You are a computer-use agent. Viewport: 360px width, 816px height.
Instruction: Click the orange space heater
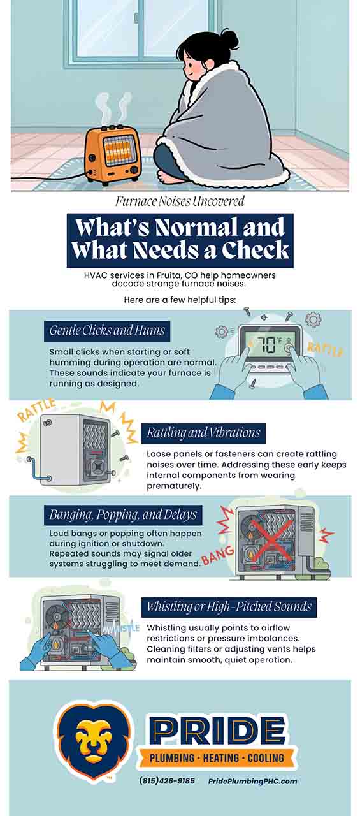112,153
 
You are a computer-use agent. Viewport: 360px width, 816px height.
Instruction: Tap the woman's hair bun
227,40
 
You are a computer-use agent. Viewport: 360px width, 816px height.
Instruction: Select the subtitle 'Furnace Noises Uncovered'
180,202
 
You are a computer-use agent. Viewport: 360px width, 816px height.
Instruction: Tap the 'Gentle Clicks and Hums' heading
107,330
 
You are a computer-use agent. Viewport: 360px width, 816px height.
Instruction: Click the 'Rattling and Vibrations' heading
203,433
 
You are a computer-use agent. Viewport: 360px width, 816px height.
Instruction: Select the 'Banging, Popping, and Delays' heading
124,514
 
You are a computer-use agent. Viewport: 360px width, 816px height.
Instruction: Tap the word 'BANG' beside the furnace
213,558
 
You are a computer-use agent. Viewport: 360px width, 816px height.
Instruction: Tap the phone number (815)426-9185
167,781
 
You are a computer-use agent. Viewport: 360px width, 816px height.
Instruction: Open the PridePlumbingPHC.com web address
252,781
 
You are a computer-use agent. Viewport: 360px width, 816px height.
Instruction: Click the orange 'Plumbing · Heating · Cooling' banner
217,759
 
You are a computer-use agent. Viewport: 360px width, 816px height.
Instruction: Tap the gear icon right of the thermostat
313,319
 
